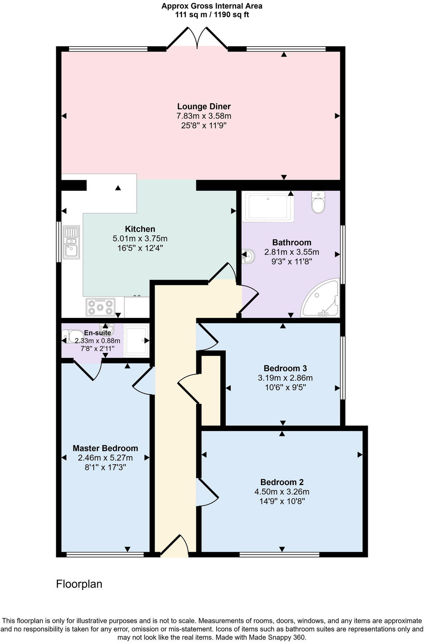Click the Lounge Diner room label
[x=204, y=106]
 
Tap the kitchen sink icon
[x=71, y=242]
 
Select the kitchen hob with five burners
[x=101, y=307]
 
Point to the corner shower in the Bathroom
[x=322, y=299]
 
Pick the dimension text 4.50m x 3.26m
[x=282, y=492]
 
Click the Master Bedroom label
[x=105, y=448]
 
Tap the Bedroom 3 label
[x=285, y=368]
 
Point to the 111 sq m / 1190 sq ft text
[x=212, y=15]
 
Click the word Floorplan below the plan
[x=79, y=584]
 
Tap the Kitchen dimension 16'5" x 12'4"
[x=140, y=248]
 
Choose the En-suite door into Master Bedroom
[x=88, y=371]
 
